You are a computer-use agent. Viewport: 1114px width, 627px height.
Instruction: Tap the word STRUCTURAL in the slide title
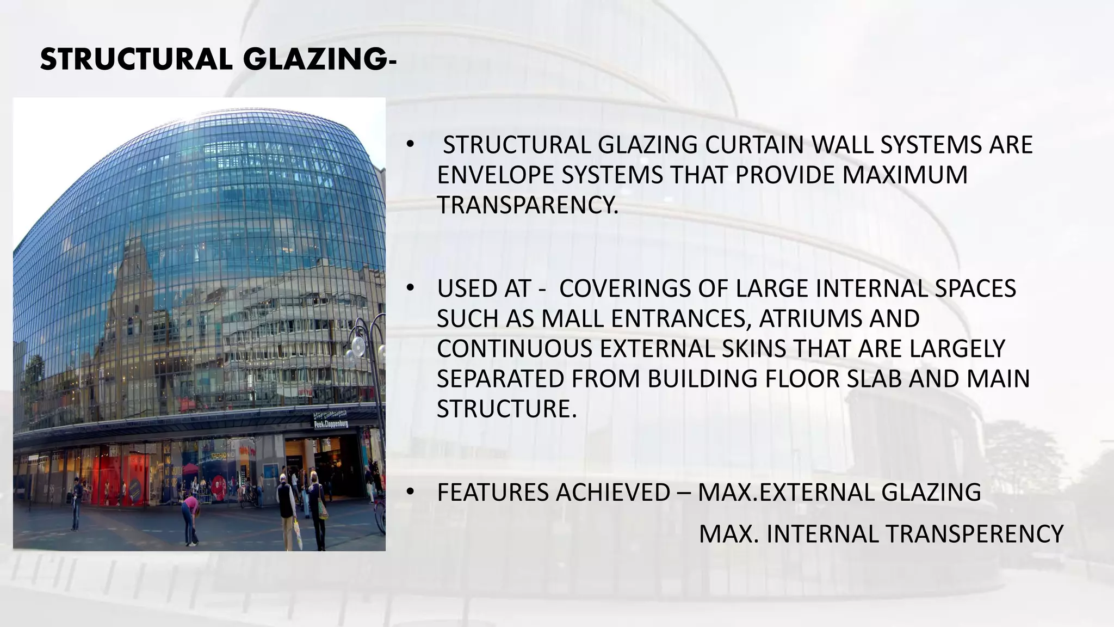click(133, 59)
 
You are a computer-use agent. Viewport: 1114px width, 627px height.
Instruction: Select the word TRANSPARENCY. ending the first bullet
click(528, 205)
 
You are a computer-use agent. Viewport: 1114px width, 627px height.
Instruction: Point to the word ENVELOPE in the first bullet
click(496, 175)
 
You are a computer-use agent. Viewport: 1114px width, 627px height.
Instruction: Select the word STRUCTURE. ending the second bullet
click(506, 409)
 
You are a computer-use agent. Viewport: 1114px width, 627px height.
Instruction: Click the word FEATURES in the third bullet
click(492, 493)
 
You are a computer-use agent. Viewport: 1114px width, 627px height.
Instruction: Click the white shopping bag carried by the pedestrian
click(298, 533)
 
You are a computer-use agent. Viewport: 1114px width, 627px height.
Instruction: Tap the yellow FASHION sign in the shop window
click(219, 454)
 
